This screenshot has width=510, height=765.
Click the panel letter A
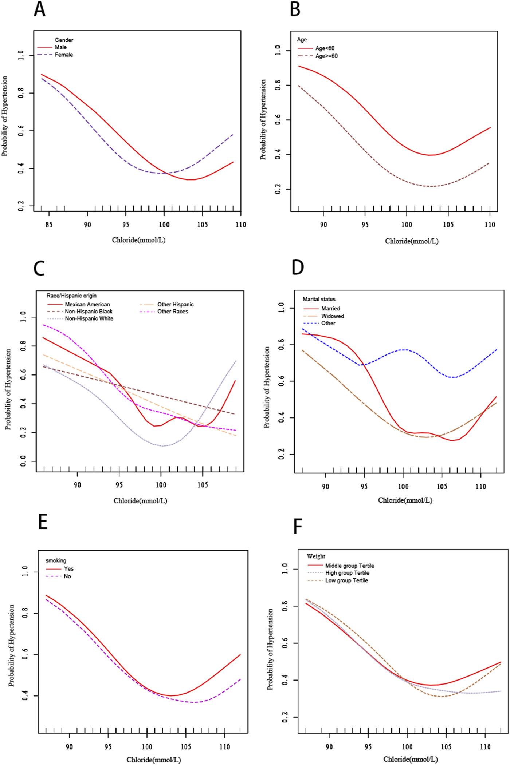[x=39, y=10]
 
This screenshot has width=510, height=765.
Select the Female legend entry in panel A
[x=64, y=55]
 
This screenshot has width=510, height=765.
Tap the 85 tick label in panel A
[x=49, y=225]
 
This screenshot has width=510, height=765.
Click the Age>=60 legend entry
[x=326, y=56]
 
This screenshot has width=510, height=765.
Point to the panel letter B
[x=295, y=10]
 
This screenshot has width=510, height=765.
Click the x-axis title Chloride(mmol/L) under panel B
[x=412, y=241]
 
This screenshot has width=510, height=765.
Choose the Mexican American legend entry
[x=87, y=304]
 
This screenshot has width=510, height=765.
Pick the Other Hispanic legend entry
[x=175, y=304]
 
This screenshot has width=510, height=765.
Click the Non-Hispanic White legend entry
[x=89, y=318]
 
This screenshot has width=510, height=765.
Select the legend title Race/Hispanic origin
[x=71, y=296]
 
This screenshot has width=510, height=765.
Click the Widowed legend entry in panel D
[x=332, y=316]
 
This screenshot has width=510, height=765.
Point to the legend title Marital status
[x=319, y=299]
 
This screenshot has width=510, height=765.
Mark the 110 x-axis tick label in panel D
[x=480, y=487]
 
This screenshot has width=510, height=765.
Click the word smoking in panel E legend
[x=56, y=560]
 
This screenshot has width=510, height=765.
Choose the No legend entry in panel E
[x=67, y=576]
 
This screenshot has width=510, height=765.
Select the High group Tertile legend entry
[x=347, y=573]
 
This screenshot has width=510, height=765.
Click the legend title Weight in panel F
[x=316, y=556]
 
